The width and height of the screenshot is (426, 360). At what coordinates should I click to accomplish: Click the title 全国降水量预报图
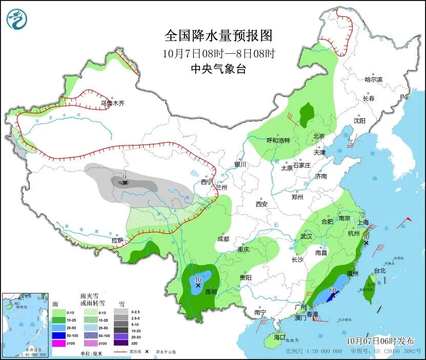pyautogui.click(x=218, y=36)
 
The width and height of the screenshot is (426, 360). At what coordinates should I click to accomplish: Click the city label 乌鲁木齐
pyautogui.click(x=112, y=103)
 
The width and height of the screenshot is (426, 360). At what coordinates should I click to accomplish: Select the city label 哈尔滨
pyautogui.click(x=373, y=79)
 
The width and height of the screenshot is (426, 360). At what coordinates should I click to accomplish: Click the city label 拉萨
pyautogui.click(x=117, y=240)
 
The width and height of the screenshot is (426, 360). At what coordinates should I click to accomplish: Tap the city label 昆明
pyautogui.click(x=211, y=292)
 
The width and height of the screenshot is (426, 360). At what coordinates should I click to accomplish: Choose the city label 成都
pyautogui.click(x=223, y=239)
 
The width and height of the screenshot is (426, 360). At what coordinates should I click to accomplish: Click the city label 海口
pyautogui.click(x=279, y=337)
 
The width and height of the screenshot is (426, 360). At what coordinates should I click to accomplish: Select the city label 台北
pyautogui.click(x=379, y=270)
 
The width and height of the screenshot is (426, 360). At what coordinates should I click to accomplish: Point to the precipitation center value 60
pyautogui.click(x=332, y=290)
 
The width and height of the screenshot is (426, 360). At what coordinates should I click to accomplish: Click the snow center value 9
pyautogui.click(x=124, y=177)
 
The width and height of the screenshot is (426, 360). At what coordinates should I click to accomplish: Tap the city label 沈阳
pyautogui.click(x=359, y=121)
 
